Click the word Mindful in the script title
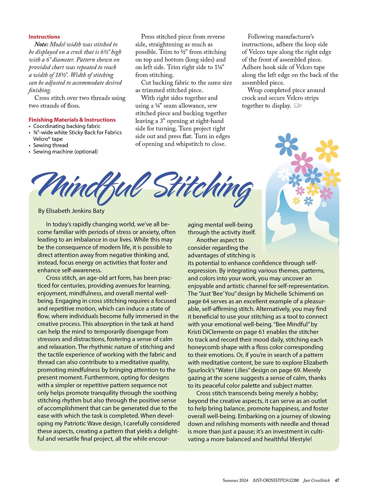[x=90, y=185]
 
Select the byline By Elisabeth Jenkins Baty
[x=71, y=211]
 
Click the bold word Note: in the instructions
[x=41, y=45]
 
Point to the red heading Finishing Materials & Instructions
[x=72, y=120]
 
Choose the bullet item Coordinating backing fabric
[x=66, y=126]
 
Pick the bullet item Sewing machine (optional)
[x=65, y=152]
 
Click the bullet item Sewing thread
[x=51, y=145]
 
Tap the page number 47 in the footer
[x=337, y=480]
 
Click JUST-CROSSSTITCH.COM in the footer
[x=275, y=480]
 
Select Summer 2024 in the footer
[x=235, y=480]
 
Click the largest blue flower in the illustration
[x=287, y=144]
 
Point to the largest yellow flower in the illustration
[x=327, y=150]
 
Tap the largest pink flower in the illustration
[x=302, y=163]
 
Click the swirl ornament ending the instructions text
[x=298, y=106]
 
